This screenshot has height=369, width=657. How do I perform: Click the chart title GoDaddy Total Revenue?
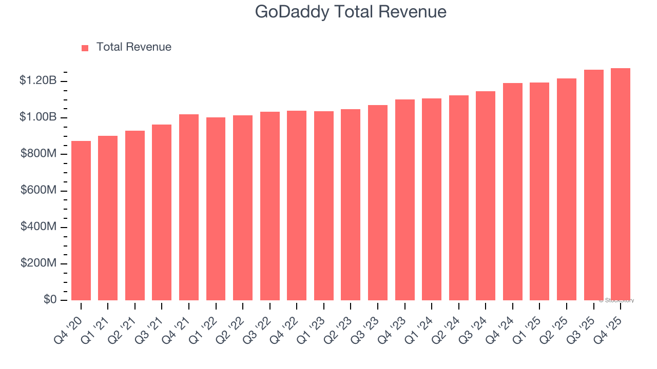pyautogui.click(x=351, y=12)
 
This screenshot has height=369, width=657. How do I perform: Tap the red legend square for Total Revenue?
pyautogui.click(x=85, y=48)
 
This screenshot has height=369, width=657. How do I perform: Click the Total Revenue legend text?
pyautogui.click(x=133, y=47)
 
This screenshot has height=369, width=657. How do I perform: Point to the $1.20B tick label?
pyautogui.click(x=38, y=80)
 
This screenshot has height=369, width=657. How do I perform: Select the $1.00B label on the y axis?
pyautogui.click(x=38, y=117)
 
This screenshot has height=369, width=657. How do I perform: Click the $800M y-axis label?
pyautogui.click(x=38, y=154)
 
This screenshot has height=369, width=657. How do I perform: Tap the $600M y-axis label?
pyautogui.click(x=38, y=190)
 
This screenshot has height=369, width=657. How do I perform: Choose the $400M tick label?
pyautogui.click(x=38, y=227)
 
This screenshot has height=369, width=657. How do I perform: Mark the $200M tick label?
pyautogui.click(x=38, y=263)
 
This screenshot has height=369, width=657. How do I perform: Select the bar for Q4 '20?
pyautogui.click(x=81, y=220)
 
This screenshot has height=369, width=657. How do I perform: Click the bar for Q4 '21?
pyautogui.click(x=189, y=207)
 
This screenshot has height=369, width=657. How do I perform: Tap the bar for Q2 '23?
pyautogui.click(x=351, y=204)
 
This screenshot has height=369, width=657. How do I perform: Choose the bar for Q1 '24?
pyautogui.click(x=432, y=199)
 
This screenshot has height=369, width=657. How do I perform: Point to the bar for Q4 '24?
pyautogui.click(x=513, y=192)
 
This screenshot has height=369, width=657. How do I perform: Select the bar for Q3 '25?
pyautogui.click(x=593, y=185)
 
